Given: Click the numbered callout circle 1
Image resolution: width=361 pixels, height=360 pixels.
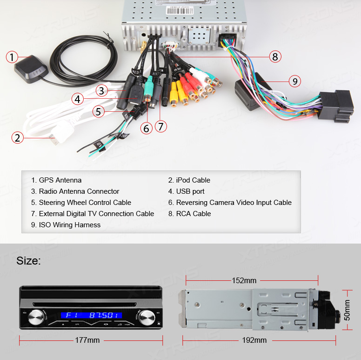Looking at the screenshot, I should (12, 57).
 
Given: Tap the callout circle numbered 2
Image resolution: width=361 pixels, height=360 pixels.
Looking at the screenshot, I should (18, 137).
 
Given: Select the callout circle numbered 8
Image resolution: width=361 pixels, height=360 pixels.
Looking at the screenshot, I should (275, 56).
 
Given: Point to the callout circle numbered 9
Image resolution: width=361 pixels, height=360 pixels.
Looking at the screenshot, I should (294, 81).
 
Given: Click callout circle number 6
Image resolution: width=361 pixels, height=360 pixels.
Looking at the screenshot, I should (147, 128).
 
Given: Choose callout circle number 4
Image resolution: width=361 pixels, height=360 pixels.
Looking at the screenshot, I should (78, 99).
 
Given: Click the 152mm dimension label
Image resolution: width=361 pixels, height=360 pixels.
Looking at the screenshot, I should (244, 280).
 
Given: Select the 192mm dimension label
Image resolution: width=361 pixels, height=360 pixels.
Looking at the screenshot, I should (254, 340).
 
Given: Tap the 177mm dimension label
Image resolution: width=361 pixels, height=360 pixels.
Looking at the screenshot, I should (87, 340).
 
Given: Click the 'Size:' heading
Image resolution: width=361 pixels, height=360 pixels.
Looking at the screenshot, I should (28, 261).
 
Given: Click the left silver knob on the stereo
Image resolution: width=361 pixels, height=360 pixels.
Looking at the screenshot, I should (36, 318).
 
